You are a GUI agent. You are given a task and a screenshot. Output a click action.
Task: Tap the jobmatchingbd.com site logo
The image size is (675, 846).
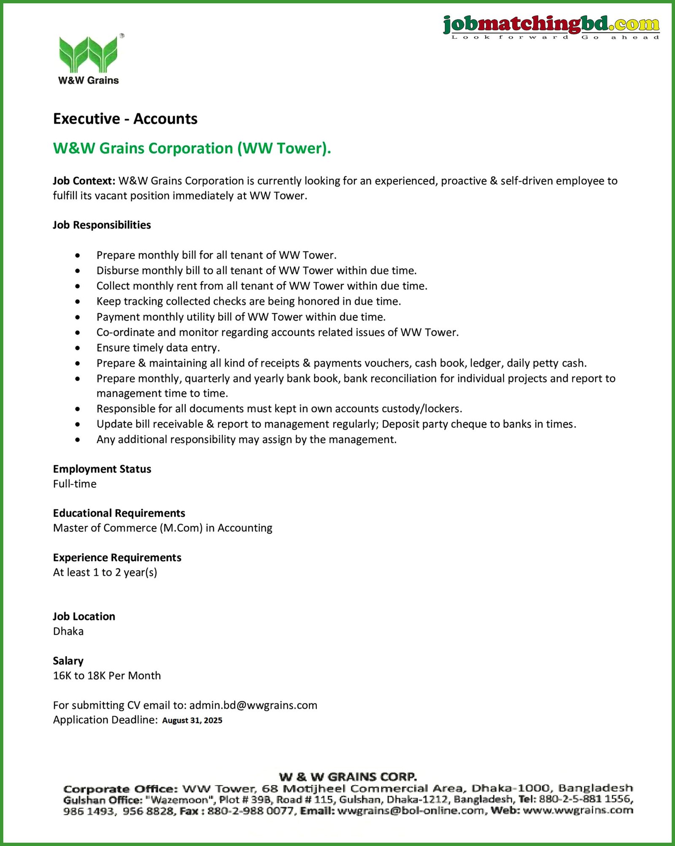click(551, 26)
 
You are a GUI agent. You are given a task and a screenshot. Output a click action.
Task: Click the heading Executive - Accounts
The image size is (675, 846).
click(125, 119)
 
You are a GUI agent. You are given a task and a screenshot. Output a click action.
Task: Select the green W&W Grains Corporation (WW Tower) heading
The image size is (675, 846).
click(192, 149)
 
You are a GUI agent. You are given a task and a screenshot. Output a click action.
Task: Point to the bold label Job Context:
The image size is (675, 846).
click(84, 181)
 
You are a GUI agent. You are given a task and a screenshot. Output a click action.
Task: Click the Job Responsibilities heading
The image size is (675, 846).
click(102, 225)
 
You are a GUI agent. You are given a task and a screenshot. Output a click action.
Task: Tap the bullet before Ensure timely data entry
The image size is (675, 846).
click(78, 348)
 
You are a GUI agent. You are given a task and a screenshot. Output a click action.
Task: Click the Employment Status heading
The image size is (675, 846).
click(102, 469)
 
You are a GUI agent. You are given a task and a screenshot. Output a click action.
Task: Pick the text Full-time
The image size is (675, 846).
click(75, 484)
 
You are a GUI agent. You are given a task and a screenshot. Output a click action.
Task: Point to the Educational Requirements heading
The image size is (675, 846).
click(119, 513)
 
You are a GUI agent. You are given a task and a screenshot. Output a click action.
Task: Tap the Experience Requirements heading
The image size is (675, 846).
click(117, 558)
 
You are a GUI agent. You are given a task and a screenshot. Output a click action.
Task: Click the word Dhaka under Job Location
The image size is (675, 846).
click(68, 632)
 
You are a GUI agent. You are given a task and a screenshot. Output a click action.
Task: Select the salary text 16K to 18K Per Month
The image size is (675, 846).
click(107, 676)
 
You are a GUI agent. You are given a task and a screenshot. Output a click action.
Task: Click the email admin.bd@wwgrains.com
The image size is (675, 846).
click(253, 705)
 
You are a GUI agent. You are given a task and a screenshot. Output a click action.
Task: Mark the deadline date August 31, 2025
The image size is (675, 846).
click(192, 721)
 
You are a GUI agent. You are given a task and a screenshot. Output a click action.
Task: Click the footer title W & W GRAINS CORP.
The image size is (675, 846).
click(348, 777)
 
